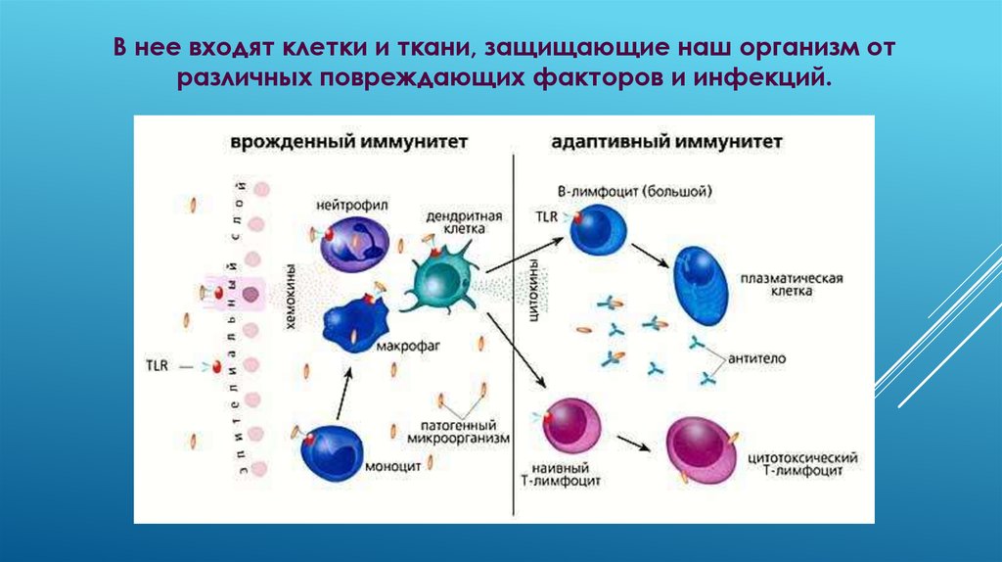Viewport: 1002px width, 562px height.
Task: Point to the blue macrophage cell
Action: [351, 319]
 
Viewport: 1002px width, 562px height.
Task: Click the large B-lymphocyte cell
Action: [598, 231]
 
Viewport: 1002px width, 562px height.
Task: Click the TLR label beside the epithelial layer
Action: [156, 365]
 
